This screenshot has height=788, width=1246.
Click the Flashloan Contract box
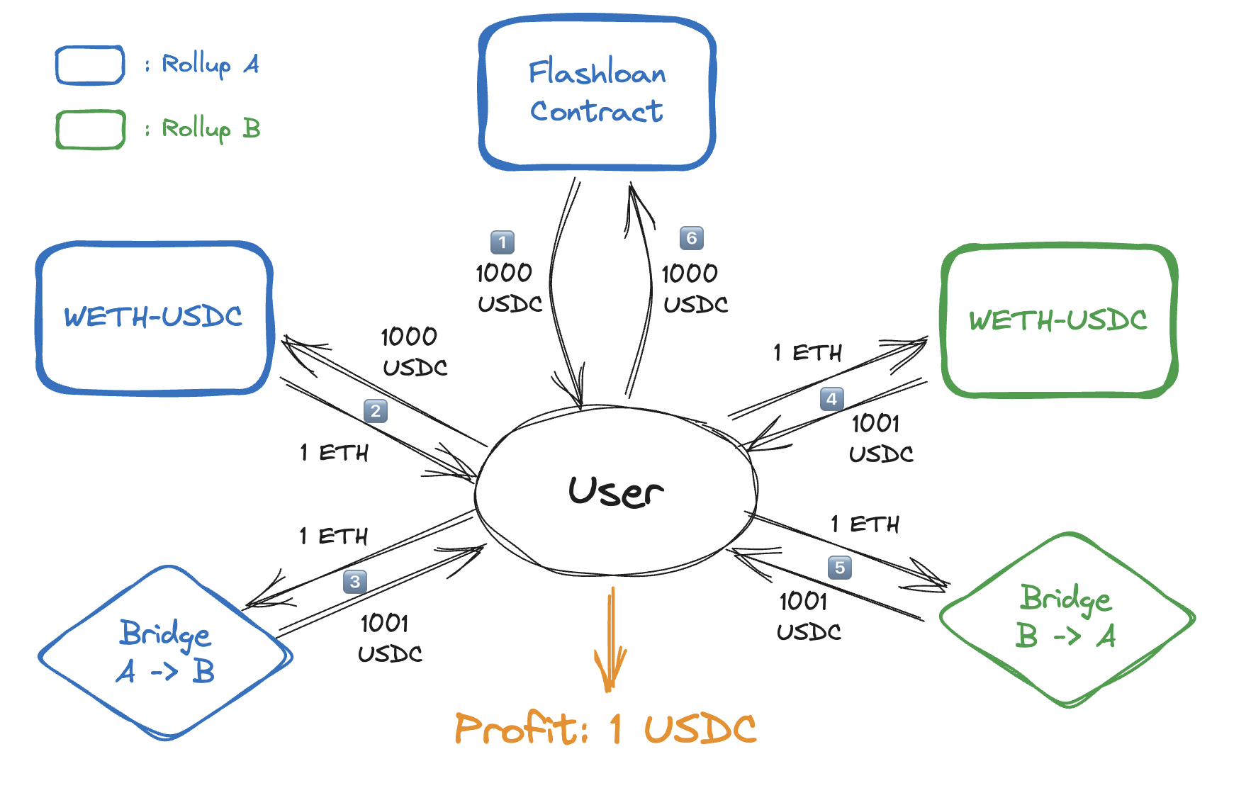click(x=597, y=92)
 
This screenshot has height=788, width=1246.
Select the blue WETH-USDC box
click(x=154, y=317)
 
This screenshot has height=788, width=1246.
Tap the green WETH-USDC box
click(x=1058, y=320)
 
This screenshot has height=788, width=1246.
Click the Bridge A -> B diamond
click(x=165, y=653)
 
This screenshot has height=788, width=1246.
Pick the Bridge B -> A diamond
click(x=1066, y=619)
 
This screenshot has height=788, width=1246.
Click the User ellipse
click(x=615, y=490)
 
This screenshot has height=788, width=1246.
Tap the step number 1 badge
click(x=503, y=242)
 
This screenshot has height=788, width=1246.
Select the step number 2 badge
click(x=376, y=411)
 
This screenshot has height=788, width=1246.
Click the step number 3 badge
click(x=355, y=582)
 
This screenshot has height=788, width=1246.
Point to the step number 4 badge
click(x=832, y=399)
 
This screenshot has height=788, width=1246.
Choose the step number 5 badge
click(x=840, y=568)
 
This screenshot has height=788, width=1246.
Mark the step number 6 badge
click(x=692, y=238)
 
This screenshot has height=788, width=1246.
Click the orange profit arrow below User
click(x=610, y=638)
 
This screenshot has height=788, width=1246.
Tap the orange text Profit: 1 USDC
click(x=606, y=728)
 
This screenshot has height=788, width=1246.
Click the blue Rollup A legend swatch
click(x=90, y=65)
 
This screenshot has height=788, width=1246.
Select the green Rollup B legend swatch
click(x=90, y=130)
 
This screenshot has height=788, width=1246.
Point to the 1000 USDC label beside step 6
click(x=694, y=288)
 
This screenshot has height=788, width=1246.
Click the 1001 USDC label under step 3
click(x=389, y=638)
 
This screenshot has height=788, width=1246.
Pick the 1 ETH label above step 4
click(x=807, y=352)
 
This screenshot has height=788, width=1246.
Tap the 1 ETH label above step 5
click(x=865, y=524)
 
